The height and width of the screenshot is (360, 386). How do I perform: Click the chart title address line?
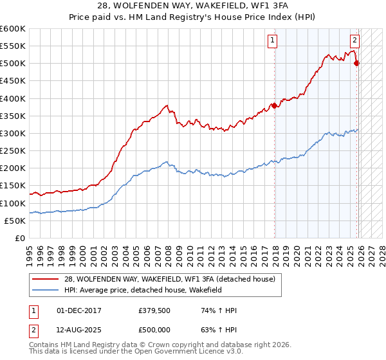(x=192, y=6)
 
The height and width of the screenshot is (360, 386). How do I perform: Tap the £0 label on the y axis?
(x=20, y=238)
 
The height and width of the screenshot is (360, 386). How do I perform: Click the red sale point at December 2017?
(x=275, y=106)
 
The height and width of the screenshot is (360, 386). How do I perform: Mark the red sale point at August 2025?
(x=357, y=63)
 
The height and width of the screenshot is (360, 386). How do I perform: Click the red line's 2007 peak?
(x=167, y=105)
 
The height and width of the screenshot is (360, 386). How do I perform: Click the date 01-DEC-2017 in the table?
(x=79, y=310)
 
